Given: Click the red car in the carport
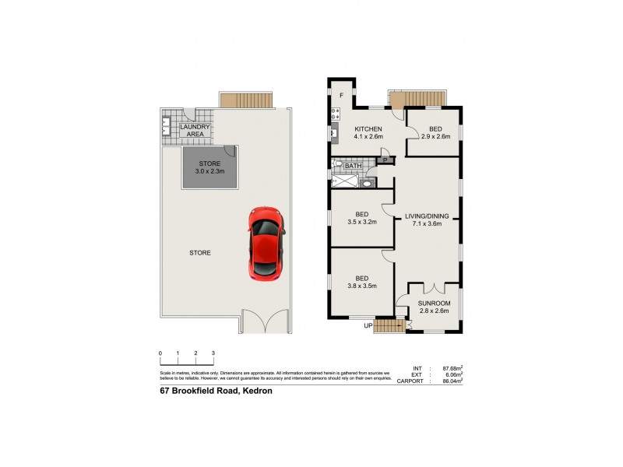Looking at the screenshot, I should pos(265,242).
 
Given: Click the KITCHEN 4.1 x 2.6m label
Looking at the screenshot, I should pos(369,133).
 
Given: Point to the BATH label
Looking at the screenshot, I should pos(353,166).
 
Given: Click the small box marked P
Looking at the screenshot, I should pos(384,160).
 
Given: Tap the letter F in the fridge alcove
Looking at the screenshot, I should pos(341,95).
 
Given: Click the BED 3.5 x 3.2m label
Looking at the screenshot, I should pos(362,217).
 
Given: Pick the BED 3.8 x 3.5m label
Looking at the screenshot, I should pos(362,282).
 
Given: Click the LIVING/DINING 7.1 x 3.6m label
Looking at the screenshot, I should pos(428,219).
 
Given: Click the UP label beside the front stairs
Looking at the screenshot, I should pos(368,325).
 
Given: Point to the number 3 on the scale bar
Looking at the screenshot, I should pos(213,353).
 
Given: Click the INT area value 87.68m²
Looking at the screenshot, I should pos(452,367).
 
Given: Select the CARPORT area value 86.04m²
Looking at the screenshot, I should pos(452,381).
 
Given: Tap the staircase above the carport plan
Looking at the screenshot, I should pos(246,100).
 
